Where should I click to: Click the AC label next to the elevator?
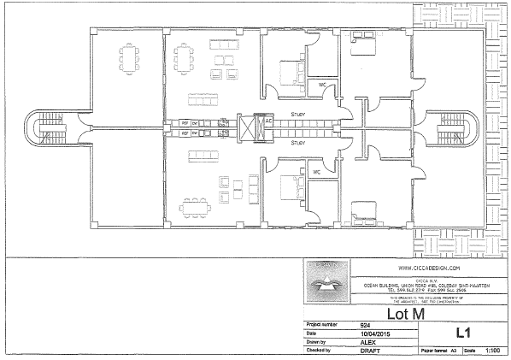click(x=267, y=121)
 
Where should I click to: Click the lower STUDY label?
click(x=298, y=143)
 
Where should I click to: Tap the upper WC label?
click(x=322, y=85)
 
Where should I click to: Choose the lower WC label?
click(x=315, y=171)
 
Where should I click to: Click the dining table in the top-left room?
click(x=129, y=58)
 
